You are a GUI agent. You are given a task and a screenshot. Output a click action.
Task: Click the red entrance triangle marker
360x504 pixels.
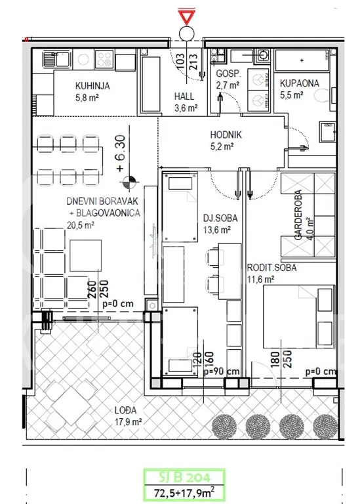click(186, 16)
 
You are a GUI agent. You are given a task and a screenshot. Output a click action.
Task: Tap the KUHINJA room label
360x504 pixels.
click(92, 86)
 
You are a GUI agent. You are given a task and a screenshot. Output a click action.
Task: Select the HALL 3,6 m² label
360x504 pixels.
click(186, 102)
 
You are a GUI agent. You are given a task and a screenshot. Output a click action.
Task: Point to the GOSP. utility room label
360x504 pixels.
click(228, 73)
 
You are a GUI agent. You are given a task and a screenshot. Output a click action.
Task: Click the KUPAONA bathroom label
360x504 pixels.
click(299, 83)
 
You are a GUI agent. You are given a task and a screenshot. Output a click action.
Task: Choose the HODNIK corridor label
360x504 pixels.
click(226, 135)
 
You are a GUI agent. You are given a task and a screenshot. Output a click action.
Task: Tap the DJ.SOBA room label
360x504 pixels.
click(220, 218)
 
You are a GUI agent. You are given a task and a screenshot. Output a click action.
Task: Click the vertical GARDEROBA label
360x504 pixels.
click(298, 215)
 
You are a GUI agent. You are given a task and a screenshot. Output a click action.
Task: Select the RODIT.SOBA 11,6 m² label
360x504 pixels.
click(271, 273)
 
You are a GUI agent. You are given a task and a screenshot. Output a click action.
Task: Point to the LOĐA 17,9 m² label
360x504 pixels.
click(128, 416)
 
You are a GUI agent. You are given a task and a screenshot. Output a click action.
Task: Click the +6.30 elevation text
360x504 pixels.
click(121, 154)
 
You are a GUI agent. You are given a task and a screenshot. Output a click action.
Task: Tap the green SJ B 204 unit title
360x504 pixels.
click(184, 476)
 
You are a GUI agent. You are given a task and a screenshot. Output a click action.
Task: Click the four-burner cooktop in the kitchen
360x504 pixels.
click(104, 59)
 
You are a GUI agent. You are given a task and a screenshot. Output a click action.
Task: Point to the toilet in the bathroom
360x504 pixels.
click(321, 95)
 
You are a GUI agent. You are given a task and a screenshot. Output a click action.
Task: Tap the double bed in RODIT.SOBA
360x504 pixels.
click(299, 316)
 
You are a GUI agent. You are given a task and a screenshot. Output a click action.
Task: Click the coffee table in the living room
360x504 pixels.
click(86, 255)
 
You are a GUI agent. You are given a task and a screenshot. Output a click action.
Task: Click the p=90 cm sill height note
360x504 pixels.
click(222, 371)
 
